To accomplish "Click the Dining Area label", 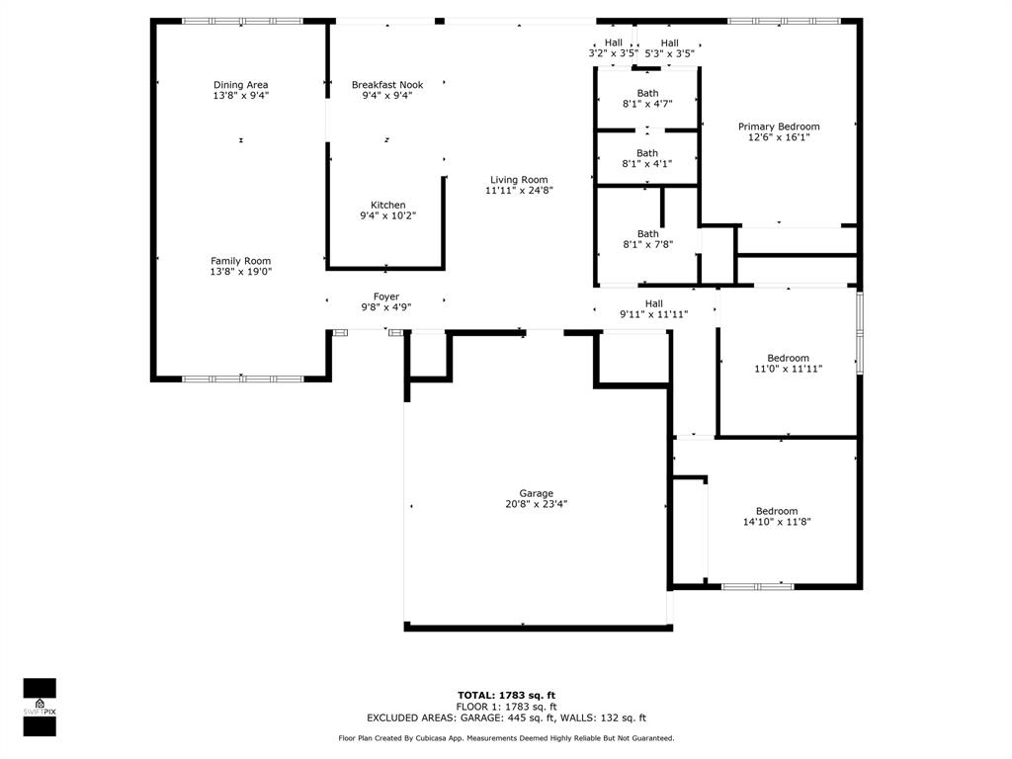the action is click(x=241, y=90).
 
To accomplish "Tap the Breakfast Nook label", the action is click(x=387, y=90).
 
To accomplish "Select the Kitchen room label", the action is click(x=387, y=211).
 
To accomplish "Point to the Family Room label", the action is click(x=241, y=267).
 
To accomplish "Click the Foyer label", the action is click(x=386, y=302).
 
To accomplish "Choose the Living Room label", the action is click(x=519, y=185).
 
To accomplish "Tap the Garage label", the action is click(x=537, y=499).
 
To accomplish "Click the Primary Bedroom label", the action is click(x=779, y=131).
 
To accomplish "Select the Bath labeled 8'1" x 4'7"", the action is click(x=647, y=98).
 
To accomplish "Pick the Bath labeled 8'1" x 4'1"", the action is click(x=646, y=158).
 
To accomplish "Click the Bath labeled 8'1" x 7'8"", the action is click(x=648, y=239).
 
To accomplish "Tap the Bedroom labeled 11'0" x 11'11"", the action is click(x=788, y=364).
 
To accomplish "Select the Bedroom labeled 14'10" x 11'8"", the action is click(x=777, y=516).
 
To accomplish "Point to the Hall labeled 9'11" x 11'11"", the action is click(x=654, y=308).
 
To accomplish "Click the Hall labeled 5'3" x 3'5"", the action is click(x=669, y=48).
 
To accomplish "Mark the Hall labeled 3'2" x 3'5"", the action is click(x=613, y=48).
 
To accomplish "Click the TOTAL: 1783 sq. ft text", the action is click(x=506, y=695).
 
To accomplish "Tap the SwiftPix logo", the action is click(x=40, y=708).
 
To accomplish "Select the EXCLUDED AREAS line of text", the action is click(x=506, y=717).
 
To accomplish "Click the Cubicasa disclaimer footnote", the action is click(x=506, y=737).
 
